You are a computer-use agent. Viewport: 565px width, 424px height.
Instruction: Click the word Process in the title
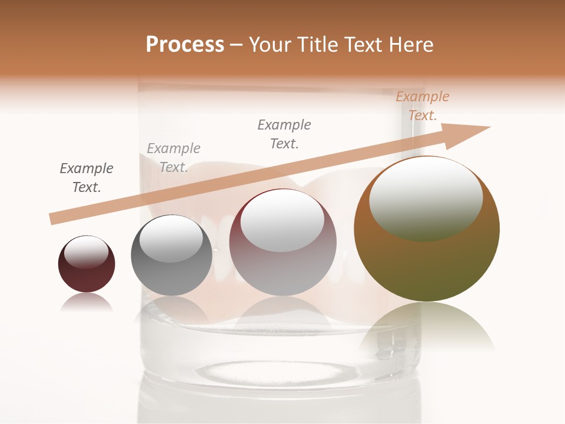pyautogui.click(x=185, y=45)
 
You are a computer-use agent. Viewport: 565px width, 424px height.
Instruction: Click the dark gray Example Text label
pyautogui.click(x=87, y=178)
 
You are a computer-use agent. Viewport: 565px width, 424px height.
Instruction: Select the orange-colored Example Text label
pyautogui.click(x=422, y=106)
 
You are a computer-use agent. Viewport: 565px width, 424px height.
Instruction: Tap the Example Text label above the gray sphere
pyautogui.click(x=174, y=158)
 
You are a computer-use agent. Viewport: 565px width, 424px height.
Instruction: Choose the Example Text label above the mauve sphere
pyautogui.click(x=284, y=134)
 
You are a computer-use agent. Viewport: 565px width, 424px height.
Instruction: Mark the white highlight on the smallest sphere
pyautogui.click(x=86, y=252)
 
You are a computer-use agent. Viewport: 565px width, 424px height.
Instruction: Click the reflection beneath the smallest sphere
pyautogui.click(x=87, y=302)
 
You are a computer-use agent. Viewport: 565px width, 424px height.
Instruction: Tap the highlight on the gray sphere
pyautogui.click(x=171, y=238)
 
